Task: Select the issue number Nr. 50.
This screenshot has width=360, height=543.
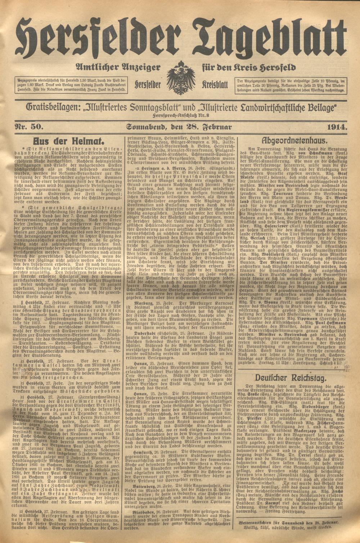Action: click(x=29, y=126)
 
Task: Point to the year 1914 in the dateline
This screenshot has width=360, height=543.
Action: click(x=337, y=126)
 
